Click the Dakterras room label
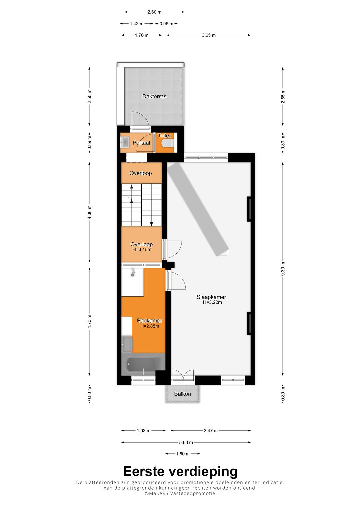tap(154, 96)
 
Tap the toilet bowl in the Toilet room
tap(167, 143)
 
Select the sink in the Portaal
tap(124, 143)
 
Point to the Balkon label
tap(182, 394)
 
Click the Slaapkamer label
tap(211, 297)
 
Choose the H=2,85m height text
tap(150, 326)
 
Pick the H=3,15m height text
tap(142, 249)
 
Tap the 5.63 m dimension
tap(186, 442)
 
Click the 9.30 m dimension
tap(283, 269)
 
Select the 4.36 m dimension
tap(89, 212)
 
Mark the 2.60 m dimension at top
tap(154, 12)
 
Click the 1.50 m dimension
tap(183, 454)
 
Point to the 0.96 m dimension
tap(166, 24)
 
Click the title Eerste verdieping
tap(180, 471)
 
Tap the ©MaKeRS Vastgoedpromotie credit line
tap(180, 493)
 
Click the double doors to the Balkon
tap(183, 375)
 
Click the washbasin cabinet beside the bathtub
tap(127, 344)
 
